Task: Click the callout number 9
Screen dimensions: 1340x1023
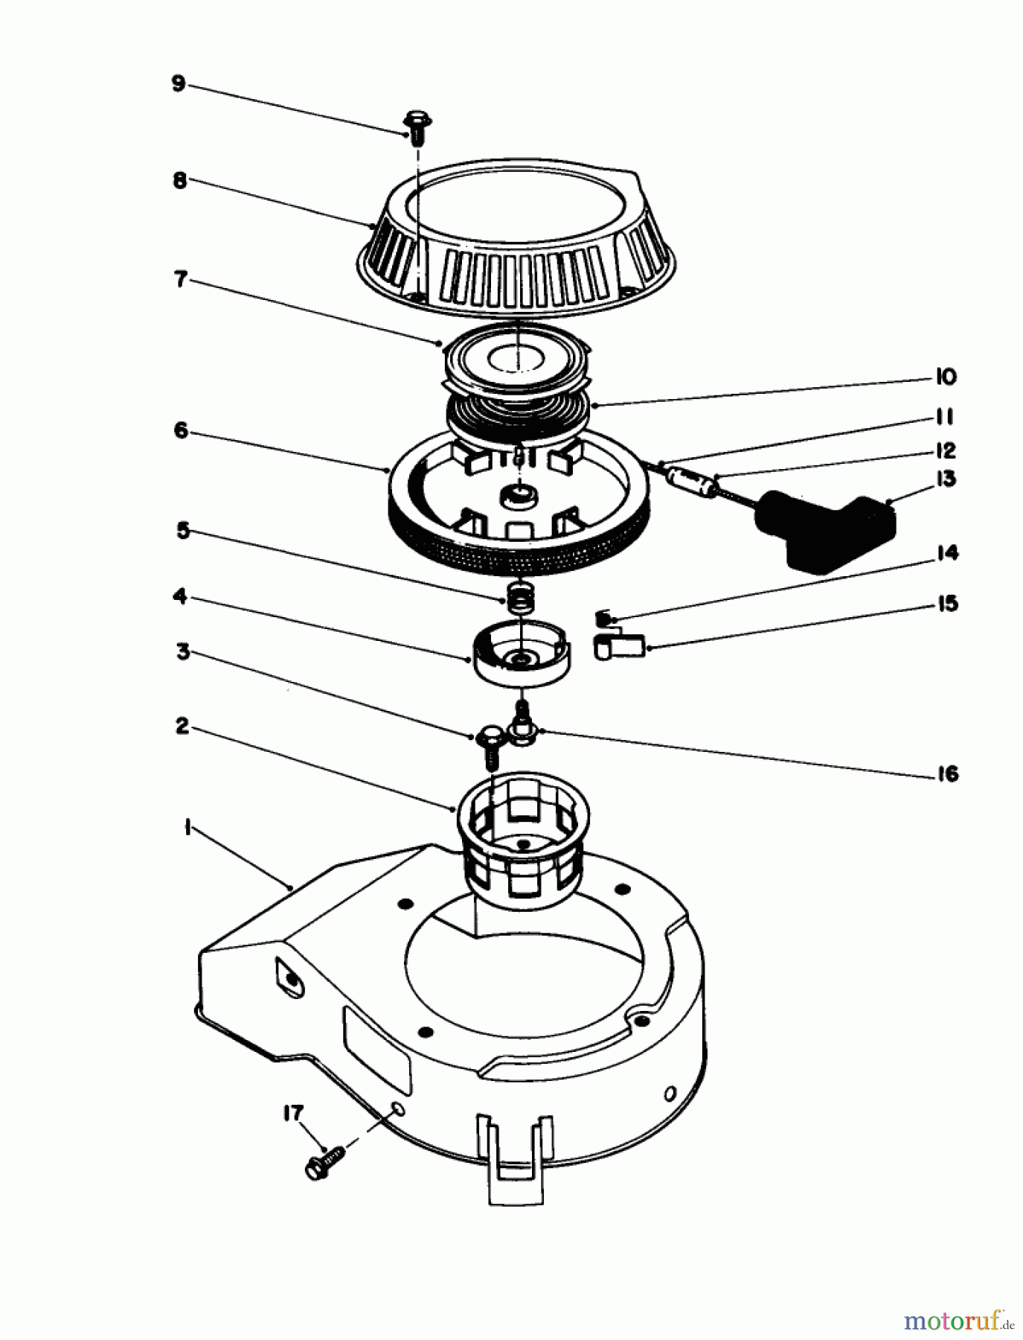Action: coord(178,83)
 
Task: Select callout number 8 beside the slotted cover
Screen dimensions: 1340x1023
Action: coord(181,181)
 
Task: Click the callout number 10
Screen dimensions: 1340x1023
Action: coord(945,377)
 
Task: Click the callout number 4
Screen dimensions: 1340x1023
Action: coord(181,596)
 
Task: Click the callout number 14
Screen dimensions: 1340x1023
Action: coord(947,554)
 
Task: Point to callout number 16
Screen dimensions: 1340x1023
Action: coord(947,775)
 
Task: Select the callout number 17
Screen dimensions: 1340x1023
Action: coord(292,1114)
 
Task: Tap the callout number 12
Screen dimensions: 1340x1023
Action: coord(946,451)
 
